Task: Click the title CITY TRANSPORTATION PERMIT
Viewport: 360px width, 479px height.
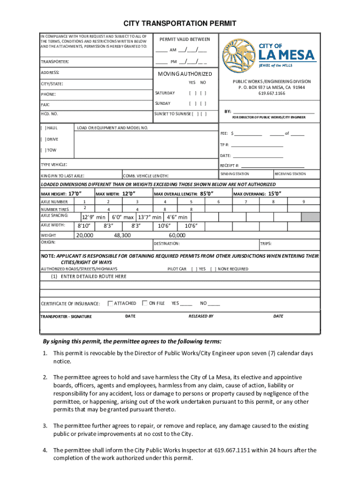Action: (x=180, y=23)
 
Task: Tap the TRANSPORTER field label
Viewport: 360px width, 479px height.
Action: (x=55, y=62)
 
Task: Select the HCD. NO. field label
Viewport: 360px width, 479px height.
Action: (x=50, y=114)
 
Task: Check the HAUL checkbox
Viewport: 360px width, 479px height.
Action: (x=43, y=128)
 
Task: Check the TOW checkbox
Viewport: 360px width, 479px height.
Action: (x=43, y=150)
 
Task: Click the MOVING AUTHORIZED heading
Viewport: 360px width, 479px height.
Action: (x=184, y=74)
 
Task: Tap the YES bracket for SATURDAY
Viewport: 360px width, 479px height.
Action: (x=192, y=93)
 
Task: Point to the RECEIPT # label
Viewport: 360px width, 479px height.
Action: (x=230, y=166)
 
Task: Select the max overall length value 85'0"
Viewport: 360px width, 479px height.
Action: (x=207, y=194)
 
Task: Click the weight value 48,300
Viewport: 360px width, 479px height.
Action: (x=122, y=235)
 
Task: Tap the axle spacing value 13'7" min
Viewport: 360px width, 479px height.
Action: (x=150, y=217)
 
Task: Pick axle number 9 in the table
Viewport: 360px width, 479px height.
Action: (x=303, y=201)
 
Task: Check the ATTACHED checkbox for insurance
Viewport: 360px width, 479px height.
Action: (x=110, y=303)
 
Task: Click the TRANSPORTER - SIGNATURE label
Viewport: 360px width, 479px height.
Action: (x=66, y=317)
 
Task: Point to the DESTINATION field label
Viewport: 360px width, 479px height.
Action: (x=166, y=244)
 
